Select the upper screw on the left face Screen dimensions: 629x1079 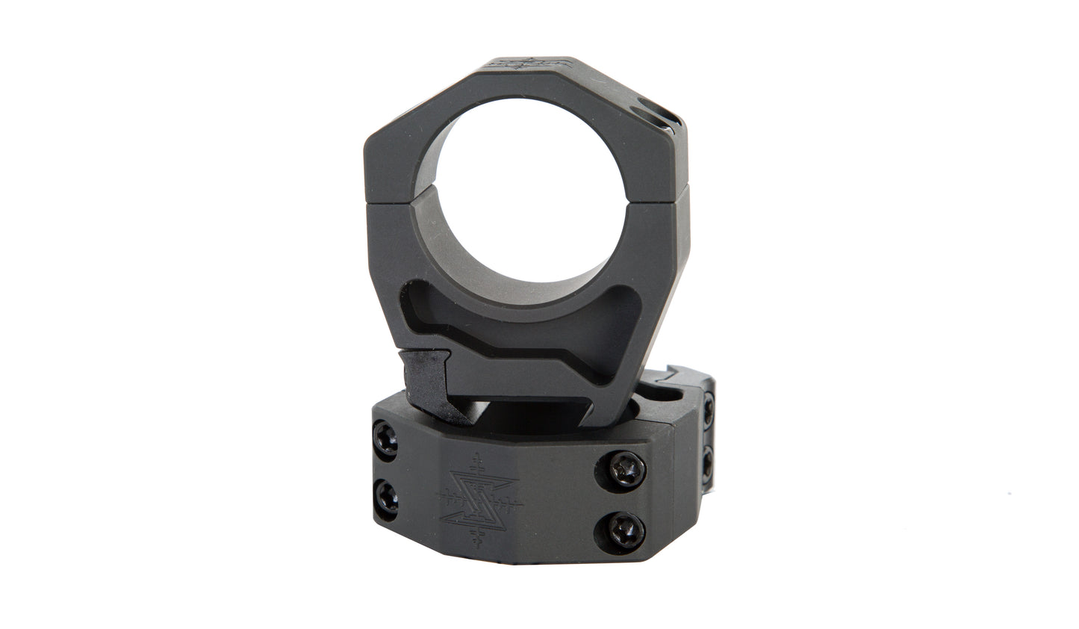point(385,439)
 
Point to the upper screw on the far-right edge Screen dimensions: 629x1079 point(708,409)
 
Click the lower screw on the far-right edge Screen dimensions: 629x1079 point(708,457)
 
